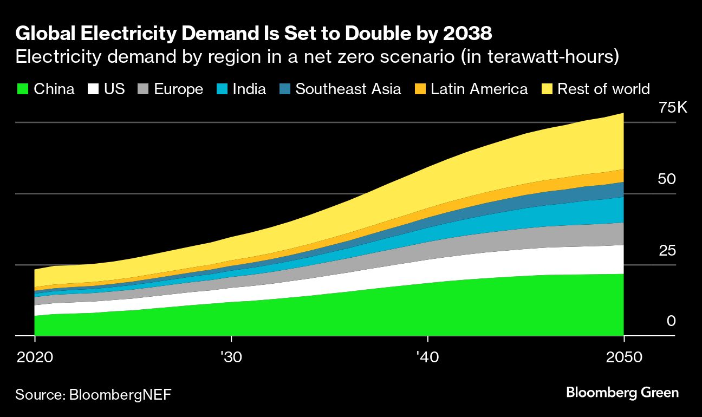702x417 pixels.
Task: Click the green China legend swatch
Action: click(x=23, y=89)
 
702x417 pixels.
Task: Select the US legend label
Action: click(x=114, y=89)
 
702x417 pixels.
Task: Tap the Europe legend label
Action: click(x=178, y=89)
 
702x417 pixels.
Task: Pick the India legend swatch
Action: click(x=222, y=89)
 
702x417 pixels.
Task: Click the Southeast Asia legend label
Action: click(x=348, y=89)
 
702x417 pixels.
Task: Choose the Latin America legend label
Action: click(x=479, y=89)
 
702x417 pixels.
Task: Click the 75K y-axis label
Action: click(x=672, y=108)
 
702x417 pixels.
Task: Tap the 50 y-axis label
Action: click(x=666, y=179)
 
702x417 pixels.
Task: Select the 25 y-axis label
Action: click(x=666, y=251)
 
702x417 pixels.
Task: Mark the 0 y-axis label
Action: click(x=671, y=322)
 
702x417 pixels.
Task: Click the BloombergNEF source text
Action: click(x=120, y=394)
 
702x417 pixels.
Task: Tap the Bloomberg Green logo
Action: click(x=622, y=393)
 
